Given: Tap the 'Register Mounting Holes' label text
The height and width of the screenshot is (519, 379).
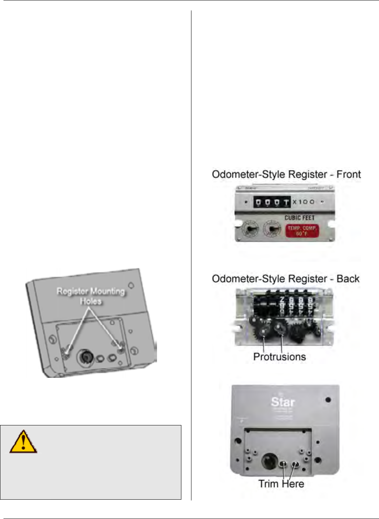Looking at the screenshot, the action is point(91,296).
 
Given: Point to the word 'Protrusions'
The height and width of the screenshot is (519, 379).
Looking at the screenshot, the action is point(279,357).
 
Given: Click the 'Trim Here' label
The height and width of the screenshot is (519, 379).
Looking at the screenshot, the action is point(281,484).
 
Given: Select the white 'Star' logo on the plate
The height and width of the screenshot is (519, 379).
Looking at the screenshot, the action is point(283,402).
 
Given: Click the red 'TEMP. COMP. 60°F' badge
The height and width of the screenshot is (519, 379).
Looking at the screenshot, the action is point(302,231).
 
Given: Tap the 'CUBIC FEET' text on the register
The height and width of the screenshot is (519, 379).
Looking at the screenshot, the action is point(300,218).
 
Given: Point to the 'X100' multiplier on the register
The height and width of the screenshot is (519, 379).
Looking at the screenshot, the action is point(304,202).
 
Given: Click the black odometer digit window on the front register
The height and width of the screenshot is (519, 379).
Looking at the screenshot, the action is point(272,202).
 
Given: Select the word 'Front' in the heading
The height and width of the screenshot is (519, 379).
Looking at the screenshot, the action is point(348,174).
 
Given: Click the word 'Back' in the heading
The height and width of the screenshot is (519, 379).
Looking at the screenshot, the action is point(348,279).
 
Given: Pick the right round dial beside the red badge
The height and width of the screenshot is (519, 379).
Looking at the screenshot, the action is point(272,229).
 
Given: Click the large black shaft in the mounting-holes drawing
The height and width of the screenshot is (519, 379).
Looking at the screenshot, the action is point(85,357).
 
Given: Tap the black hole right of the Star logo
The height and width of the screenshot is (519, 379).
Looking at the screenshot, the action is point(328,400).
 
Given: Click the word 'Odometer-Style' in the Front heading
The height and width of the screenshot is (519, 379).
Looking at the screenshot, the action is point(242,174).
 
